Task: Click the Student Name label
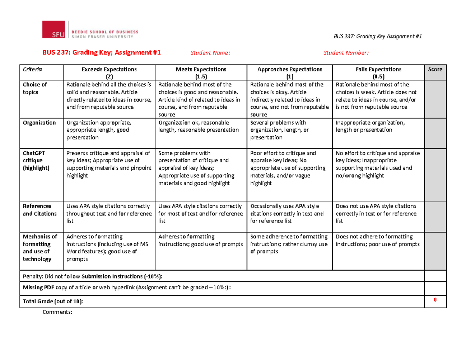(x=210, y=53)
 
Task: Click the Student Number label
(x=346, y=53)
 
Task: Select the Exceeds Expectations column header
(x=109, y=73)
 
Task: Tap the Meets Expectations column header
(x=201, y=73)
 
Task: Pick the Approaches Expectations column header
(x=290, y=73)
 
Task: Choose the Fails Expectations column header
(x=378, y=73)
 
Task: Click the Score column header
(x=435, y=70)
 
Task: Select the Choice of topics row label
(x=35, y=88)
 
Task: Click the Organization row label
(x=39, y=122)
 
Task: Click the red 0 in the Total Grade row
(x=435, y=300)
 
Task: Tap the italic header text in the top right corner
(x=377, y=36)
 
